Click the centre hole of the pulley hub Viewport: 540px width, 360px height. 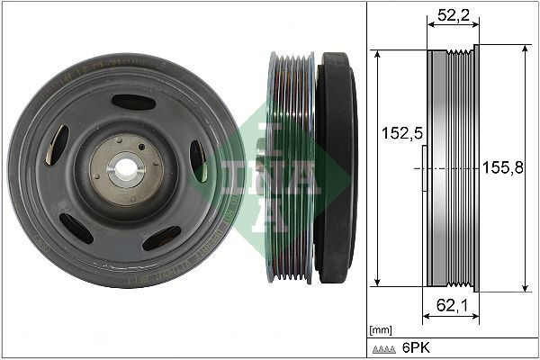click(124, 167)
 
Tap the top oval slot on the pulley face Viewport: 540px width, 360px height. click(133, 103)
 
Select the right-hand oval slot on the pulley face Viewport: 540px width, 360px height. click(197, 161)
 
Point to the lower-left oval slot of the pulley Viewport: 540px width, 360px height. click(76, 228)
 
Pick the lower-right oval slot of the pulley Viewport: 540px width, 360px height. click(162, 238)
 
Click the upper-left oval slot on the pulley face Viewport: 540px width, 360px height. click(57, 144)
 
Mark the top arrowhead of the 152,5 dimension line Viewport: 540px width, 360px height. click(378, 54)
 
